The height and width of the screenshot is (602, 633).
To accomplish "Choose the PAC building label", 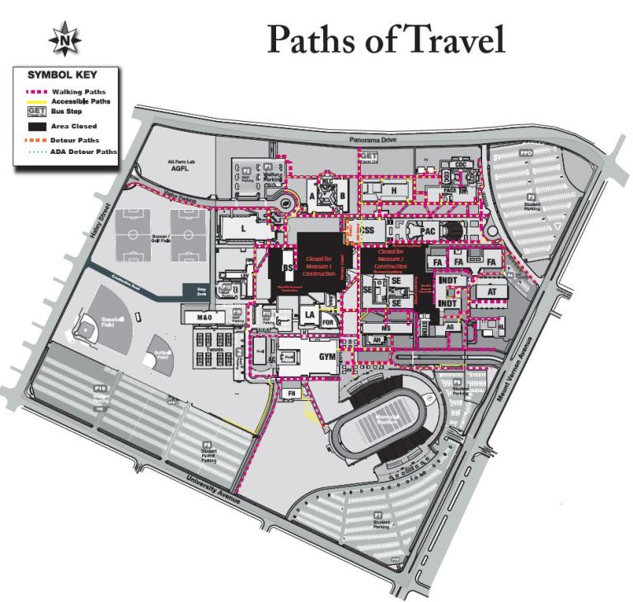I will (428, 231).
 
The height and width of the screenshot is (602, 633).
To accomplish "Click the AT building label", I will (493, 291).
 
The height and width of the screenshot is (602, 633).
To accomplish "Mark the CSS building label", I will (372, 230).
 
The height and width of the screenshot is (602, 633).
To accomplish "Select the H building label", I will (394, 190).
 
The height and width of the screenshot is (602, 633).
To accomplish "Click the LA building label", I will (310, 315).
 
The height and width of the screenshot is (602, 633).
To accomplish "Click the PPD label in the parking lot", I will (526, 153).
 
